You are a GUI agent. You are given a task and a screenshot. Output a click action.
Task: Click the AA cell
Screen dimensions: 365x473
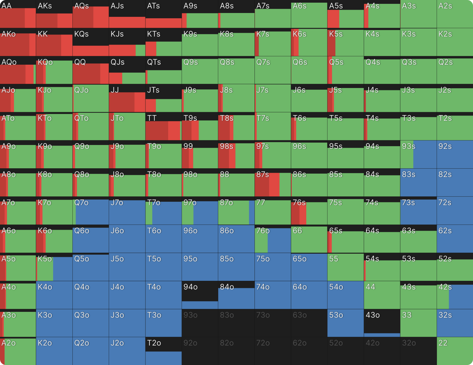point(18,14)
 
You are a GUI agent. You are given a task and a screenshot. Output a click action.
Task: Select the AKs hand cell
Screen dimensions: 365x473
point(54,14)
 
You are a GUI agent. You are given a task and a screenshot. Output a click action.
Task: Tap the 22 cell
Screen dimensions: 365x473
point(455,351)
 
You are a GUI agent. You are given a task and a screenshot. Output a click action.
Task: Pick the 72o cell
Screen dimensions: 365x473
point(273,351)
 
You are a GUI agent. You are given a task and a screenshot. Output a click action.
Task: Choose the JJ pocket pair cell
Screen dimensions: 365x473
point(127,98)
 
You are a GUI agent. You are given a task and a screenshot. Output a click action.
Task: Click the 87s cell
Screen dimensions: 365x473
point(273,182)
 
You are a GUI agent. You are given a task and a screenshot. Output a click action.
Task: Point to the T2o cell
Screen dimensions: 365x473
point(163,351)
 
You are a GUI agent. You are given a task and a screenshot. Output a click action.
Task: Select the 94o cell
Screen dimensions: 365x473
point(200,295)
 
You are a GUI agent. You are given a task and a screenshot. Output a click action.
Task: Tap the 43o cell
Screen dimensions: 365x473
point(382,323)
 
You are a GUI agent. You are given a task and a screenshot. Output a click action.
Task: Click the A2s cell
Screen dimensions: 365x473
point(455,14)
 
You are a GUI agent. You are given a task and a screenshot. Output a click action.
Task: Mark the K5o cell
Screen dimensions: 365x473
point(54,267)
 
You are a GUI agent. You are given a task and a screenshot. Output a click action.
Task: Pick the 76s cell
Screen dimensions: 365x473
point(309,211)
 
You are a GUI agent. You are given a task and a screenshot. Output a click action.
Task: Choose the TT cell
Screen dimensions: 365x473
point(163,126)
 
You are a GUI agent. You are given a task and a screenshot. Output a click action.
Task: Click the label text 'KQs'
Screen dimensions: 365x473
point(82,34)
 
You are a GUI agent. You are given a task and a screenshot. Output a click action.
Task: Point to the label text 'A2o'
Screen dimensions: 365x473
point(9,343)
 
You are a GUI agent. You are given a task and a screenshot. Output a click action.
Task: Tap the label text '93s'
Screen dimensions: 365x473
point(409,146)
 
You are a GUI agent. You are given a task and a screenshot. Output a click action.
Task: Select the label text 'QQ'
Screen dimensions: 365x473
point(80,62)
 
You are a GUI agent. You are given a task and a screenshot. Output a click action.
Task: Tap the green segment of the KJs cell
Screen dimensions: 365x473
point(140,50)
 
